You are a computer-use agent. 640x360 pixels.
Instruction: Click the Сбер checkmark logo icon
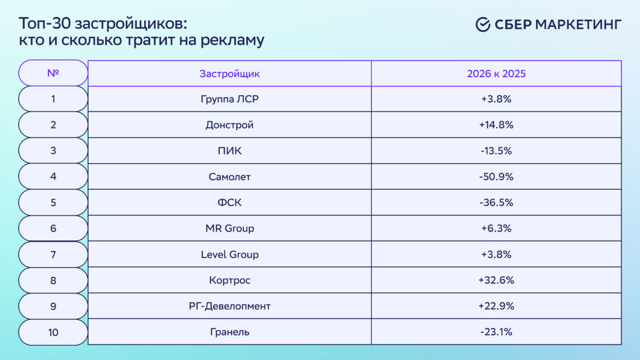pos(483,24)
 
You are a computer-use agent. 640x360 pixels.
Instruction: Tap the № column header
pos(53,73)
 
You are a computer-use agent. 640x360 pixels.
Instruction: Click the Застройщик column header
pos(230,74)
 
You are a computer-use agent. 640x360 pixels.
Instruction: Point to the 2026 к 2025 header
pos(496,74)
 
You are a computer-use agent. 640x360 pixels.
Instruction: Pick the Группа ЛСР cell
pos(230,99)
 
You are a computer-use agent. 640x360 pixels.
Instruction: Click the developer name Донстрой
pos(230,125)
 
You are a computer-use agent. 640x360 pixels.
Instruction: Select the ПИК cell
pos(230,151)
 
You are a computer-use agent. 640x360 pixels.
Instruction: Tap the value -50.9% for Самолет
pos(496,177)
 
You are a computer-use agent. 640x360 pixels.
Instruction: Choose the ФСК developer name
pos(230,202)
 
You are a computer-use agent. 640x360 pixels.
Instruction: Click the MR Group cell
pos(230,228)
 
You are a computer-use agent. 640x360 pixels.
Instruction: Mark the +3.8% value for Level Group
pos(496,255)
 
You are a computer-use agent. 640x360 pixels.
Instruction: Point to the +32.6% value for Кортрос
pos(496,280)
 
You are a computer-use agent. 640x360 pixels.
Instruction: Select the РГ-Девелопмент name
pos(230,306)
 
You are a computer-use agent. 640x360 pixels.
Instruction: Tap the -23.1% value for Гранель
pos(496,332)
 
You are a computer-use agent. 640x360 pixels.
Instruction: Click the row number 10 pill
pos(53,332)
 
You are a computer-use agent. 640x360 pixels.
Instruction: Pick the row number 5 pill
pos(53,203)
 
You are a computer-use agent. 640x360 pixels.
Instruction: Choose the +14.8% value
pos(496,125)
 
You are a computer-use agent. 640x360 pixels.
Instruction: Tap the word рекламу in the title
pos(232,40)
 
